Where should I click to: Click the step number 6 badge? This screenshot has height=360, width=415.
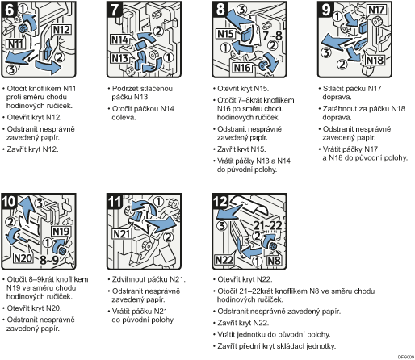click(9, 10)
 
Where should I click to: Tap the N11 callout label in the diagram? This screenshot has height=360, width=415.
click(15, 44)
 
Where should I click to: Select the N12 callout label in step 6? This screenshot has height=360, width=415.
click(61, 29)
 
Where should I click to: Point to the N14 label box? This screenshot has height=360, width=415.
click(119, 40)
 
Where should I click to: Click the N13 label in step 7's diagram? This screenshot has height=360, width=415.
click(119, 58)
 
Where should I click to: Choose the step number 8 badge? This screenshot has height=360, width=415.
click(220, 10)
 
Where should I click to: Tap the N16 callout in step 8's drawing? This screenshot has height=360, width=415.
click(242, 68)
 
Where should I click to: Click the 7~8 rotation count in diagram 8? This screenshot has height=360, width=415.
click(272, 36)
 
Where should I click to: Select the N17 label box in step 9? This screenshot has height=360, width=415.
click(376, 10)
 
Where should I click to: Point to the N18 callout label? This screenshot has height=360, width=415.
click(375, 60)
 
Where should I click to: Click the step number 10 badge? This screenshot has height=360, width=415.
click(9, 201)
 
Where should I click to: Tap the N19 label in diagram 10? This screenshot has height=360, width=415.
click(61, 231)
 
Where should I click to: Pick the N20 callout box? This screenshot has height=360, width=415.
click(23, 258)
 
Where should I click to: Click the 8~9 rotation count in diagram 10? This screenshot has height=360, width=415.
click(49, 260)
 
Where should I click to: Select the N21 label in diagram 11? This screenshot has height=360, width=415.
click(122, 234)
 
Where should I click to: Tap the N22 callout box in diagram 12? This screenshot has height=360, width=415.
click(224, 260)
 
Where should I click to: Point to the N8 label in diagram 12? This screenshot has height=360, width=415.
click(275, 260)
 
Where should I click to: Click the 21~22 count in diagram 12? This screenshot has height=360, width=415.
click(267, 225)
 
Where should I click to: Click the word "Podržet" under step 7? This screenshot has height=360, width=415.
click(124, 88)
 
